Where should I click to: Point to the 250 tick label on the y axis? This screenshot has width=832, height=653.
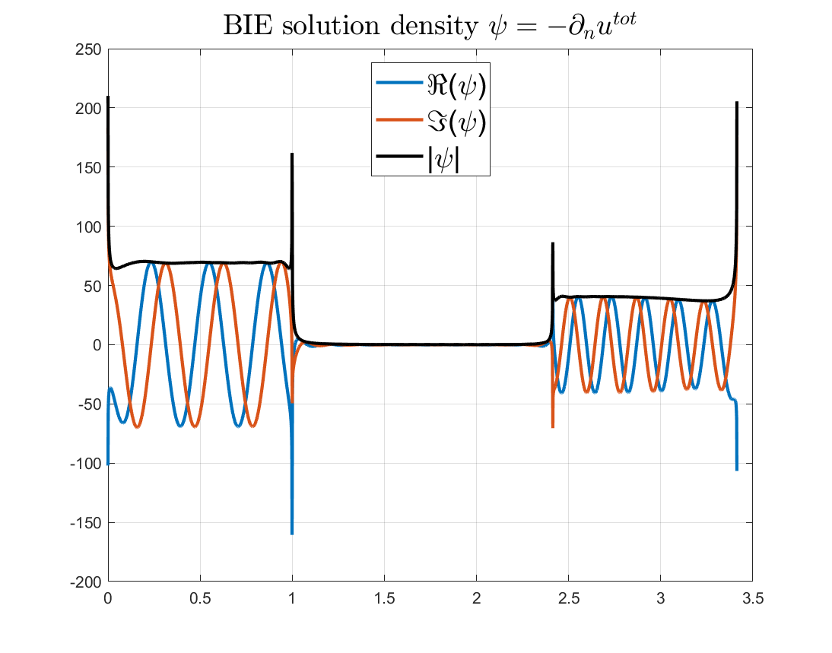pos(91,49)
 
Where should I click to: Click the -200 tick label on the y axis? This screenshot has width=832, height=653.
pos(87,582)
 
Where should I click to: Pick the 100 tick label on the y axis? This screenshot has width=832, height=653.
pos(91,227)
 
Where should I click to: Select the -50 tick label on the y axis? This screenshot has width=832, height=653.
pos(91,404)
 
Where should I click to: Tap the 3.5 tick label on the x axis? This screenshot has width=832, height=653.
pos(752,598)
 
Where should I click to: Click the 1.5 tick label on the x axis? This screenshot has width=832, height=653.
pos(384,598)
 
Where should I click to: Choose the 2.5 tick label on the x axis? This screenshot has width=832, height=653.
pos(568,598)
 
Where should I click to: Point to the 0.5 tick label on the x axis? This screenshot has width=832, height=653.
pos(200,598)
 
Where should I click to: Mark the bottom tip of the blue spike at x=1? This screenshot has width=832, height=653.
pos(292,534)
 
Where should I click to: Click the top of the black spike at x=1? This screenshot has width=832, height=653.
pos(292,154)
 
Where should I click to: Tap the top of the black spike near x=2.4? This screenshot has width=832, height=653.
pos(552,243)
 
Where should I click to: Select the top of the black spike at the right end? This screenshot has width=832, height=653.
pos(737,103)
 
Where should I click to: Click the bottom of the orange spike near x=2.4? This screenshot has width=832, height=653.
pos(552,427)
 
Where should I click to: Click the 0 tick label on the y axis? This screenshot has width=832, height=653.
pos(97,345)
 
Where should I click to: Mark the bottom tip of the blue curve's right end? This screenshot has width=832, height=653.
pos(737,470)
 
